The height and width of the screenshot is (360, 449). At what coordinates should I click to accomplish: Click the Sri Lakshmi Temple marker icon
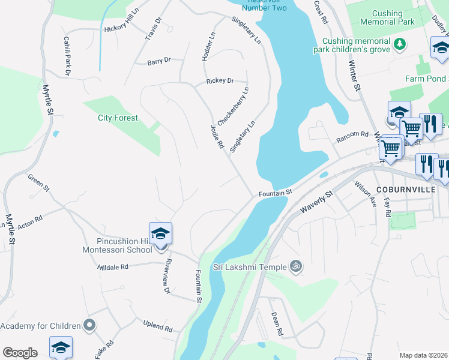point(295,266)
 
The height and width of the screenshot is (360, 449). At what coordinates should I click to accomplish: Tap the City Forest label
point(118,118)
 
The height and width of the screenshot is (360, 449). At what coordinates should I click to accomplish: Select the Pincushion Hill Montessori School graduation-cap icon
point(160,233)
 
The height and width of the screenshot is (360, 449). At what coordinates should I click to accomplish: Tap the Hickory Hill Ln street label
point(117,27)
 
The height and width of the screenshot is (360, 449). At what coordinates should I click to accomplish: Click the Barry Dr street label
point(159,61)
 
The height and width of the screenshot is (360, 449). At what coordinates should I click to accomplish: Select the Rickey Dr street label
point(219,80)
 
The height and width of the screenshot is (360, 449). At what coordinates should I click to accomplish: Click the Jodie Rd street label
point(217,137)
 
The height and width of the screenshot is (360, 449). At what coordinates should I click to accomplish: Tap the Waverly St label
point(316,202)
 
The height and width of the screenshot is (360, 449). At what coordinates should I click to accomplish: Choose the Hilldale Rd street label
point(113,266)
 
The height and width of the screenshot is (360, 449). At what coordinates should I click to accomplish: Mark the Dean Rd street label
point(276,323)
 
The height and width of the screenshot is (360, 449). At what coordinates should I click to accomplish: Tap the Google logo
point(20,353)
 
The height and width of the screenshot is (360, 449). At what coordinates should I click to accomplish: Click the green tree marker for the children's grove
point(399,44)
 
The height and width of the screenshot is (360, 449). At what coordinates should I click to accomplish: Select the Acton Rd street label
point(30,220)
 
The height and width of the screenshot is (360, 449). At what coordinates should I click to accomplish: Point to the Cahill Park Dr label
point(67,55)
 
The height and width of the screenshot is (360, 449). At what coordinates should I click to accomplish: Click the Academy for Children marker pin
point(89,326)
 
